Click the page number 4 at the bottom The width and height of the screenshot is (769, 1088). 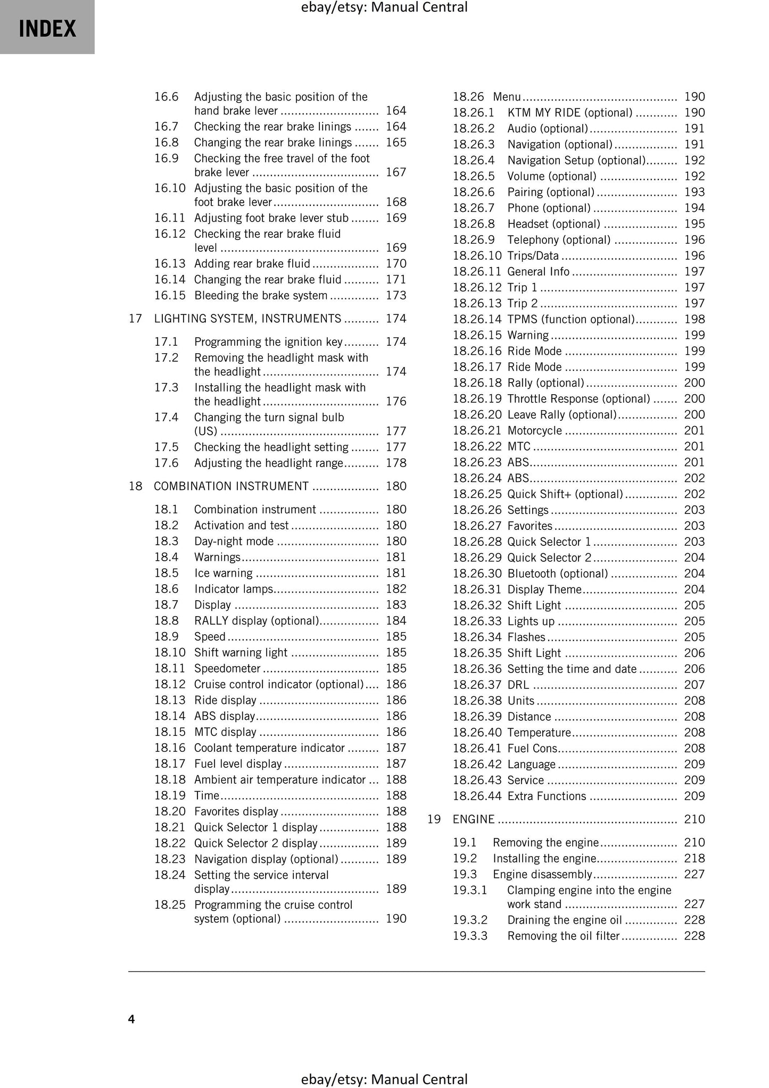131,1019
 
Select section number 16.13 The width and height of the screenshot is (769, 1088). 169,264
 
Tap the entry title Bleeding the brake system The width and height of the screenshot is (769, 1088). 260,296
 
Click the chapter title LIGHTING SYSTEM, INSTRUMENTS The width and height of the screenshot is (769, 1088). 247,319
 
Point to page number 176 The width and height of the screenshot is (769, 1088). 396,402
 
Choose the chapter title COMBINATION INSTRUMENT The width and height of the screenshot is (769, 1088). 231,486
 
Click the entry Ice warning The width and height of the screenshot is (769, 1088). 223,573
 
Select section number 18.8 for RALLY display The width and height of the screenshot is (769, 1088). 166,621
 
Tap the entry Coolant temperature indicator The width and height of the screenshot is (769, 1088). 269,748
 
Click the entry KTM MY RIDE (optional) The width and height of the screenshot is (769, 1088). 569,113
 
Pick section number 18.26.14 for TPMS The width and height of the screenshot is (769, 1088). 477,319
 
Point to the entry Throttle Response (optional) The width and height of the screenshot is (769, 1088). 578,399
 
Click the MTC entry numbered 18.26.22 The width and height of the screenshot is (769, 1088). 519,447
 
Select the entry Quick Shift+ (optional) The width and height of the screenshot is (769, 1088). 565,494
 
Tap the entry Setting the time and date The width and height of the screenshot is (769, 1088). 572,669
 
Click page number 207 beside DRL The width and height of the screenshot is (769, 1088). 694,685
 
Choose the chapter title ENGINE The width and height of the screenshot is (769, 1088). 474,819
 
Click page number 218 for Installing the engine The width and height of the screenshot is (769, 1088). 694,859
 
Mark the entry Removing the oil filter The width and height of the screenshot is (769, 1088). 563,936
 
